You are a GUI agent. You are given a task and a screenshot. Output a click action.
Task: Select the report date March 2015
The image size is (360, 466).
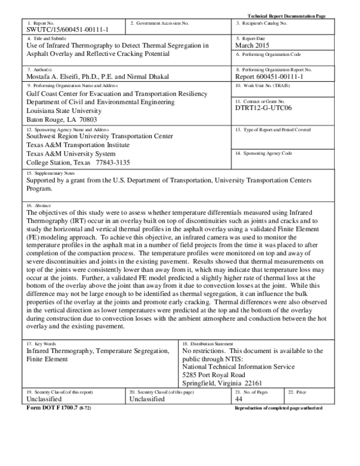point(253,45)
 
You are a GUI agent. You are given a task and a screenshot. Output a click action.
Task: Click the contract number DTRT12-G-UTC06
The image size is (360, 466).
point(264,109)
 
